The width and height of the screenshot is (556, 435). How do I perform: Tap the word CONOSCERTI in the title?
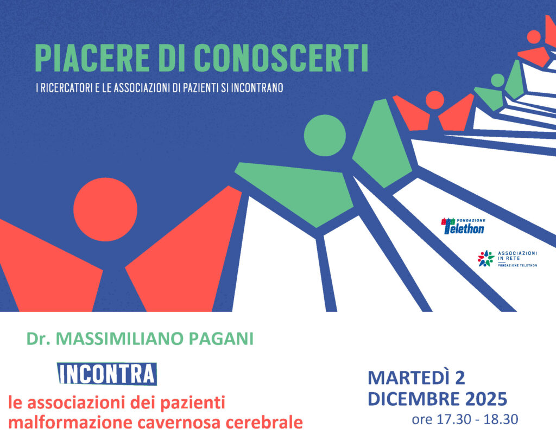(282, 59)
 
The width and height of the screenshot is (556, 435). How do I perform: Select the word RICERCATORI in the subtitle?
(66, 88)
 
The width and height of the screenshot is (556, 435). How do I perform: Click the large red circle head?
(105, 209)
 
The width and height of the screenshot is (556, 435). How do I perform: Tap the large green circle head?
(325, 135)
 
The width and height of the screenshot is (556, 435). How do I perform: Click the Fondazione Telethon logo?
(463, 226)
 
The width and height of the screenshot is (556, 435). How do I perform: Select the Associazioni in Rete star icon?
(486, 259)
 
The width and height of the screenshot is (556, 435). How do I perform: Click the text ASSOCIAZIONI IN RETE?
(517, 256)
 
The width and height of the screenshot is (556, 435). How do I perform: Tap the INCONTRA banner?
(107, 374)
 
